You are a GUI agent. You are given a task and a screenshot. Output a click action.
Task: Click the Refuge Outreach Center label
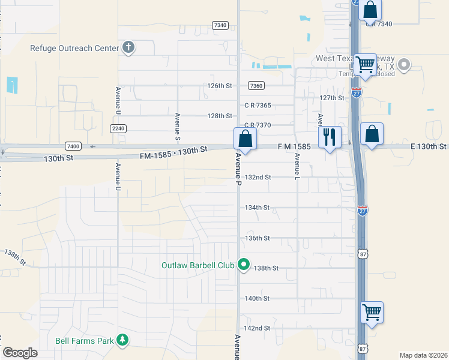pyautogui.click(x=74, y=47)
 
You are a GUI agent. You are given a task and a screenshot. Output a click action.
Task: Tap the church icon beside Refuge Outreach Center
pyautogui.click(x=128, y=47)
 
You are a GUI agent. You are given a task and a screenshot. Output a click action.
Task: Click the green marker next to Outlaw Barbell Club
pyautogui.click(x=244, y=264)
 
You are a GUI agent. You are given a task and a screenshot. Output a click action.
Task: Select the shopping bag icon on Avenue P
pyautogui.click(x=245, y=139)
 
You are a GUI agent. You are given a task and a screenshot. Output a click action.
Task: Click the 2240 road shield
pyautogui.click(x=118, y=128)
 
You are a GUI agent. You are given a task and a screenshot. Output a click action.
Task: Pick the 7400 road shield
pyautogui.click(x=73, y=146)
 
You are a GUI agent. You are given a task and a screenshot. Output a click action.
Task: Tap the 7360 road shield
pyautogui.click(x=256, y=86)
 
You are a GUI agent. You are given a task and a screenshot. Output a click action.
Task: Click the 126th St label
pyautogui.click(x=220, y=86)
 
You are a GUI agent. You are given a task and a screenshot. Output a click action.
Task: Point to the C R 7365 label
pyautogui.click(x=258, y=105)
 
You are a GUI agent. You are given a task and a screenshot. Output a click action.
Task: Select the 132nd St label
pyautogui.click(x=258, y=178)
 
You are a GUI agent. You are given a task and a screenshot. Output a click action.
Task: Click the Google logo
pyautogui.click(x=20, y=353)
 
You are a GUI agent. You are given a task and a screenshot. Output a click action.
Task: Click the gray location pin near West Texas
pyautogui.click(x=405, y=64)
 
